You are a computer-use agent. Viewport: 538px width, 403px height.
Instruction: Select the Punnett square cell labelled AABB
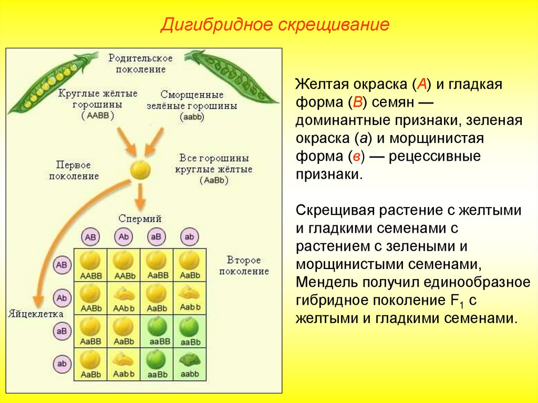(90, 265)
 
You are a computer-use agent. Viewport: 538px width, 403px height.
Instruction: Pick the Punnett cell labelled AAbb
(123, 298)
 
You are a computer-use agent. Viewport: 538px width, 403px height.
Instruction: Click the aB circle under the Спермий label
(156, 237)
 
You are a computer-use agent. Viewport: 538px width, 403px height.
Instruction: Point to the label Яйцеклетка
(36, 314)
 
